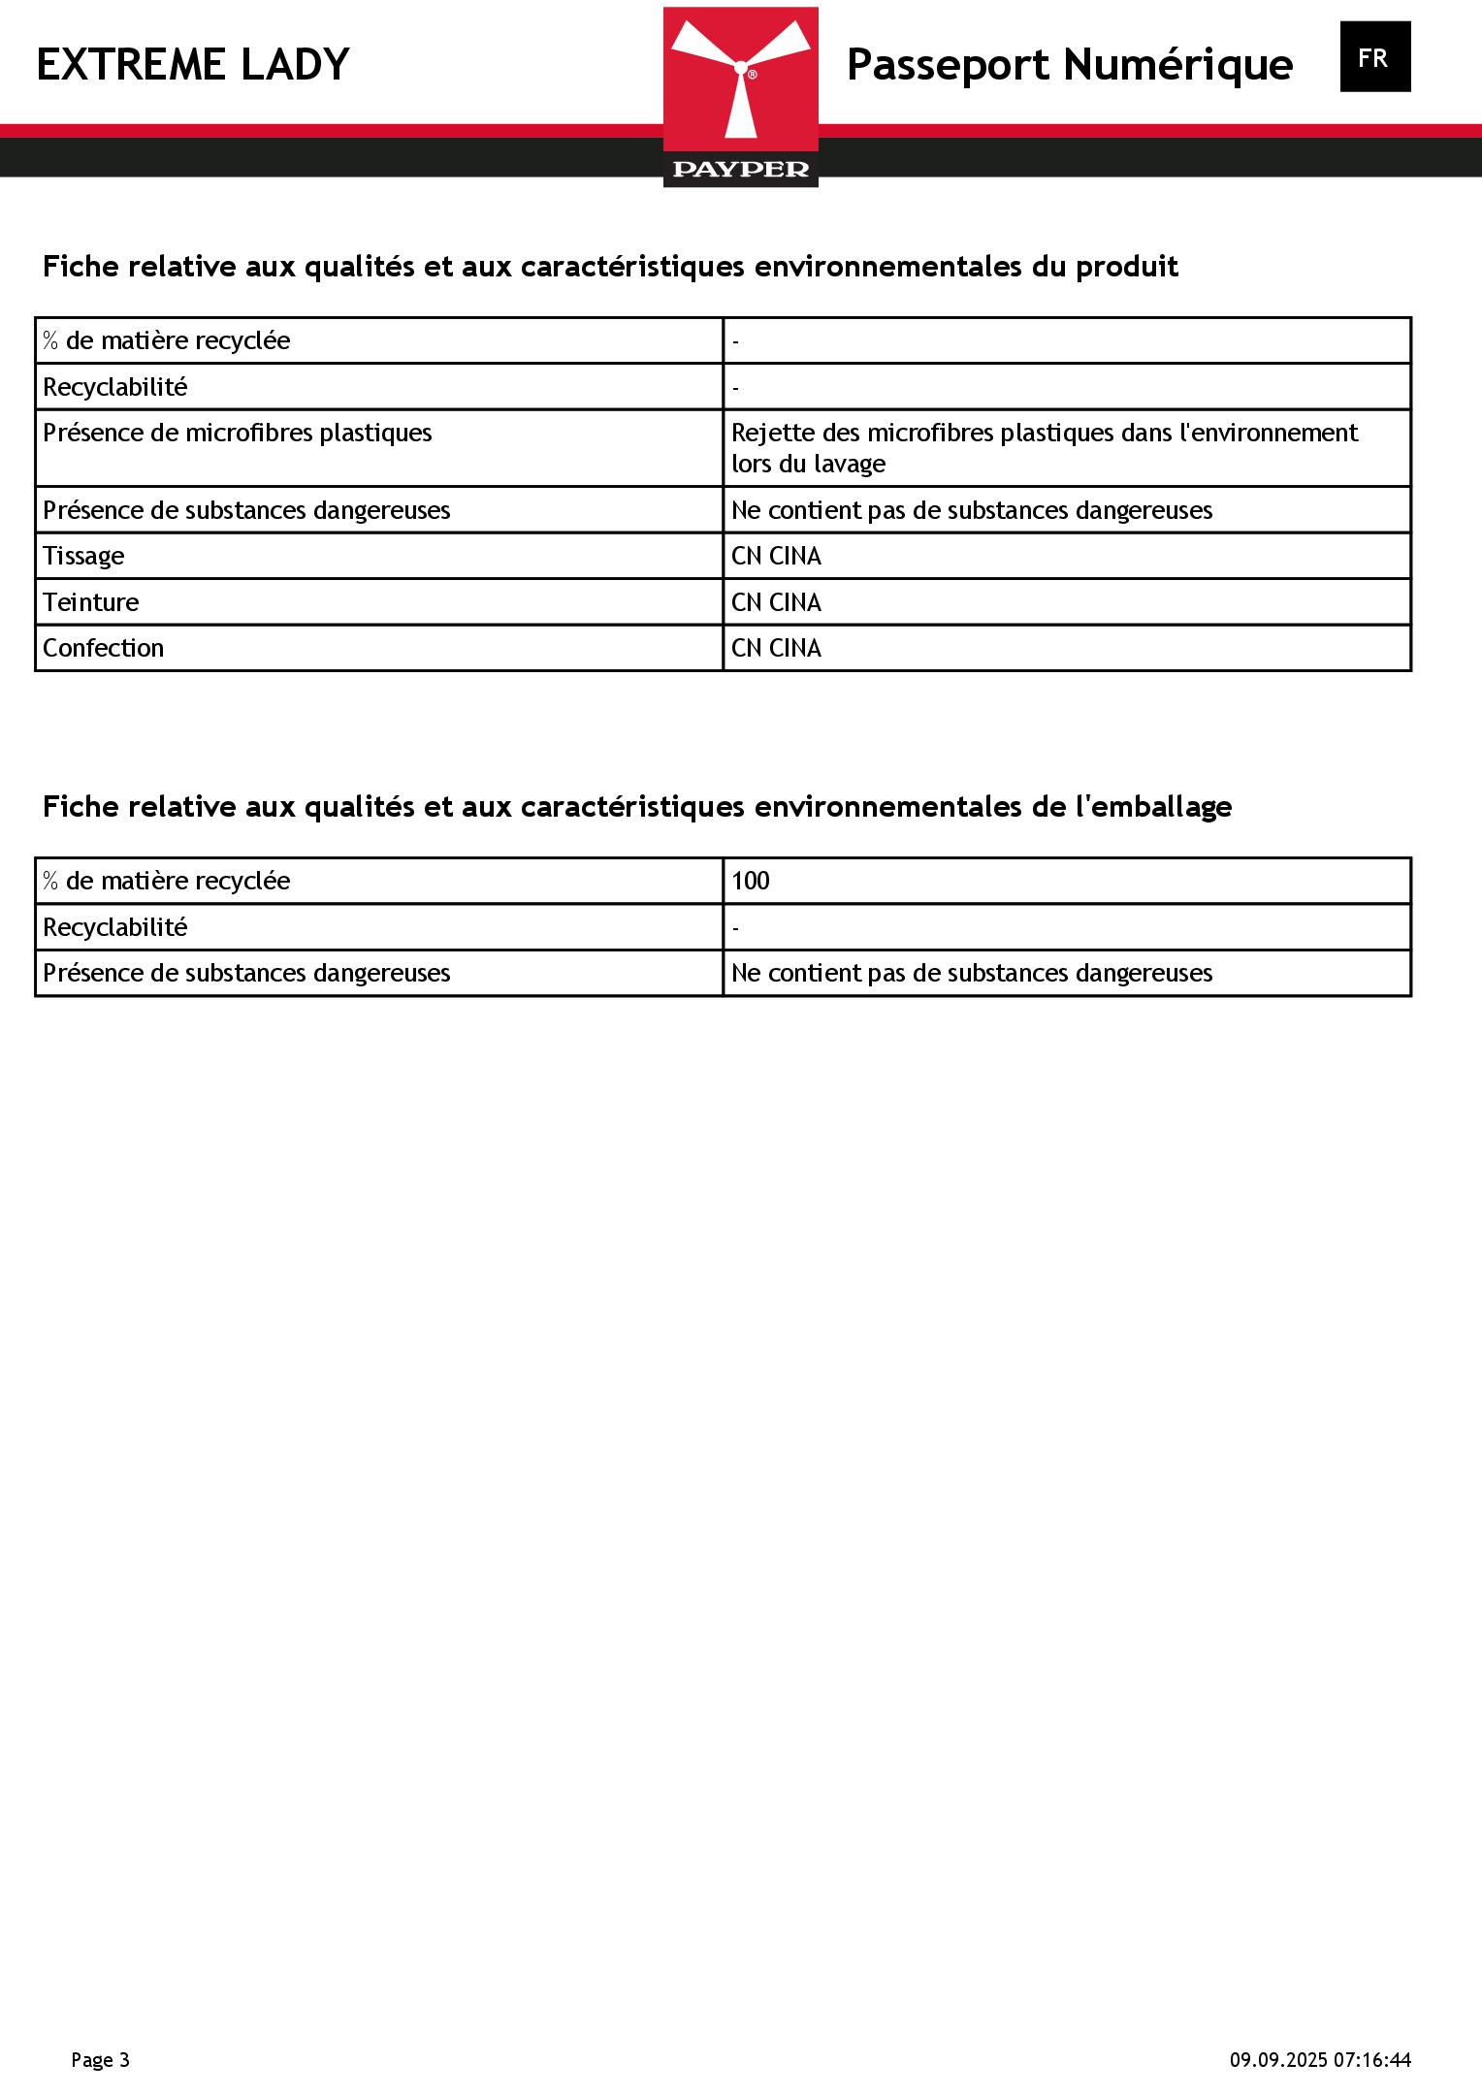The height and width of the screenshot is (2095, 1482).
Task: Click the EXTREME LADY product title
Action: pyautogui.click(x=193, y=65)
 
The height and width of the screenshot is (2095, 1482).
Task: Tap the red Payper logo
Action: pyautogui.click(x=741, y=87)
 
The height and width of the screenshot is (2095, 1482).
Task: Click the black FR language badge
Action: pyautogui.click(x=1374, y=57)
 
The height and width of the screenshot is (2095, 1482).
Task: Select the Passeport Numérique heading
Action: pyautogui.click(x=1069, y=65)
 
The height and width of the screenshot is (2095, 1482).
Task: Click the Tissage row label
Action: pyautogui.click(x=83, y=556)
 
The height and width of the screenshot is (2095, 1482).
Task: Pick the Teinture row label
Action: pyautogui.click(x=91, y=602)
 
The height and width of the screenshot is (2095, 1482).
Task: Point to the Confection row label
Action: pyautogui.click(x=103, y=648)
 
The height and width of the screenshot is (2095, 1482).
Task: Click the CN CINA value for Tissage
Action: pyautogui.click(x=776, y=556)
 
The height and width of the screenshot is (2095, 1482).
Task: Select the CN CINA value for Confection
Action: pyautogui.click(x=776, y=648)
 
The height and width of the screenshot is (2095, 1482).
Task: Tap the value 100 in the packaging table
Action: pyautogui.click(x=751, y=881)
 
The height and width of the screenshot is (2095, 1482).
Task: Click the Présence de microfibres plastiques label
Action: pyautogui.click(x=238, y=433)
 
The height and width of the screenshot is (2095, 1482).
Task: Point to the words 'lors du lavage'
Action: pyautogui.click(x=809, y=464)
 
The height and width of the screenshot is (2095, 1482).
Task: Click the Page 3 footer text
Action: pyautogui.click(x=100, y=2059)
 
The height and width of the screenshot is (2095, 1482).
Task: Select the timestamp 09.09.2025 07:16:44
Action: pyautogui.click(x=1320, y=2059)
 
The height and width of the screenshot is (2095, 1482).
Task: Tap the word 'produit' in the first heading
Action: pyautogui.click(x=1127, y=267)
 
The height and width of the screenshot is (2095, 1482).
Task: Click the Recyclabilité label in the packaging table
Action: pyautogui.click(x=115, y=927)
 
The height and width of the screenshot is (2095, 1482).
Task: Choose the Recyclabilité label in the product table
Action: pyautogui.click(x=115, y=387)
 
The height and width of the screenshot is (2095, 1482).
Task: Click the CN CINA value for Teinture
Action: pyautogui.click(x=776, y=602)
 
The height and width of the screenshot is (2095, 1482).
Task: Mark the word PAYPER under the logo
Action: pyautogui.click(x=741, y=170)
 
